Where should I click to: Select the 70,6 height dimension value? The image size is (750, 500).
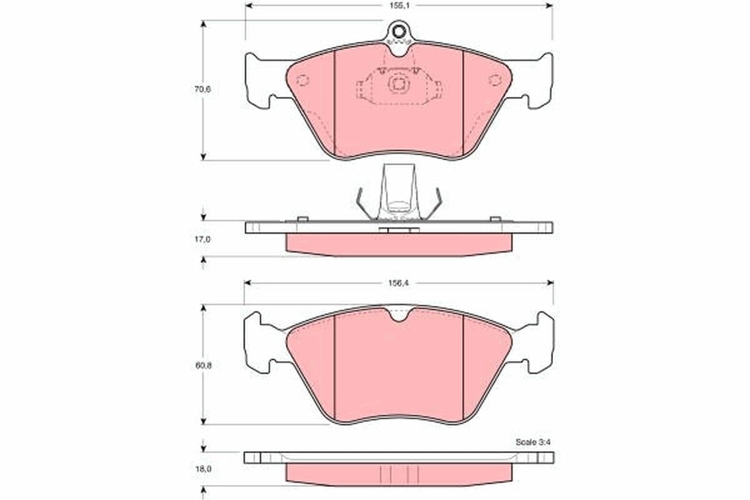coord(202,89)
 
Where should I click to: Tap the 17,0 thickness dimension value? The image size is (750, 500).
coord(202,238)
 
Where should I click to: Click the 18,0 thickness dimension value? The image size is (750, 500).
coord(202,467)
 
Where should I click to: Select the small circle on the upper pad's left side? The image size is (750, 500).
coord(302,81)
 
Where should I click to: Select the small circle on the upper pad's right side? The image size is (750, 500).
coord(494,80)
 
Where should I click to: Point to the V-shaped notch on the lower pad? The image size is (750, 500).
coord(398,316)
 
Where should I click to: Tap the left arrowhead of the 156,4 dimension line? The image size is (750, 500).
coord(247,282)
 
